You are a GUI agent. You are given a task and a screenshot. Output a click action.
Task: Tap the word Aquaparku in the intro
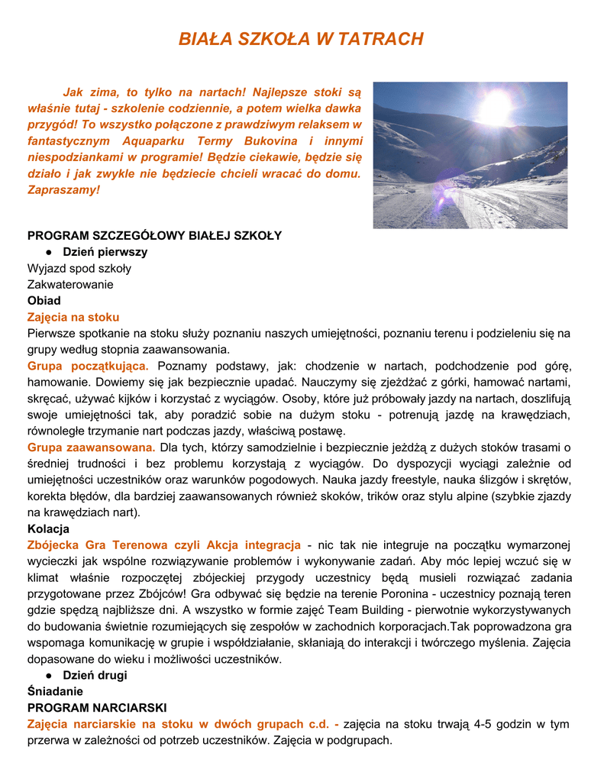[157, 141]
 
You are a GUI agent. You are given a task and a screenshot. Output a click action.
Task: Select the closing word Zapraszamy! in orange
[63, 189]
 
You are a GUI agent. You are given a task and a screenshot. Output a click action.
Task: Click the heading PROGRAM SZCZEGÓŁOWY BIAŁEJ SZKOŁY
[154, 235]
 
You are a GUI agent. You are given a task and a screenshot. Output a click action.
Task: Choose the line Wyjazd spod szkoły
[79, 268]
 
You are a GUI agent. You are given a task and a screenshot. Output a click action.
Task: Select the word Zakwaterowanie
[70, 284]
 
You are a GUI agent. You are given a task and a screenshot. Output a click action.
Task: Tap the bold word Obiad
[44, 300]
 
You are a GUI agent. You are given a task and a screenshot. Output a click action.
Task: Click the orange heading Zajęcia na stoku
[73, 317]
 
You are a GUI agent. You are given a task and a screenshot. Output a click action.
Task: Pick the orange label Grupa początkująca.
[88, 366]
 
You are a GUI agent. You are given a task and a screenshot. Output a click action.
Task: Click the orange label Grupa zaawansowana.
[91, 448]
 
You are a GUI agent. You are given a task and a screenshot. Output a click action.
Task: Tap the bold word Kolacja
[48, 528]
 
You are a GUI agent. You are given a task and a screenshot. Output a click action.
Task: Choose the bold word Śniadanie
[55, 691]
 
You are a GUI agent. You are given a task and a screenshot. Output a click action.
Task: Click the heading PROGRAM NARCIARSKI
[97, 707]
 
